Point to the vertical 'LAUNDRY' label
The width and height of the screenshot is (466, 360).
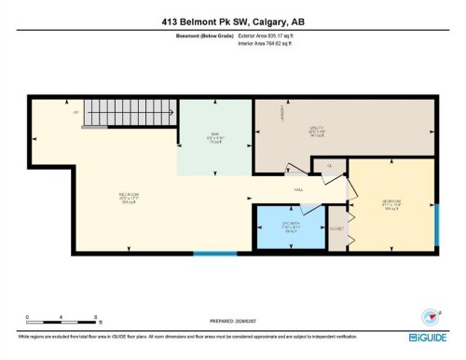coord(281,112)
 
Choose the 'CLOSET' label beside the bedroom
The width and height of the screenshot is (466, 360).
coord(337,228)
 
